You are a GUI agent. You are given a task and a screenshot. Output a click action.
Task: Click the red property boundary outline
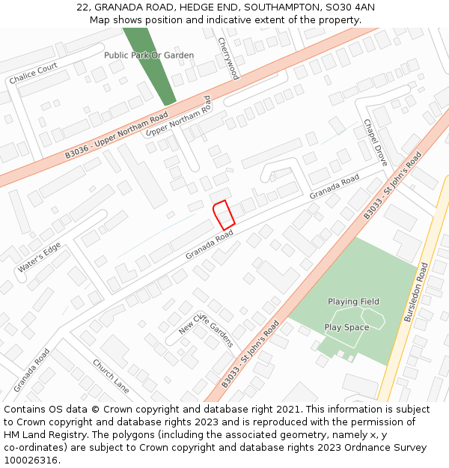pos(224,215)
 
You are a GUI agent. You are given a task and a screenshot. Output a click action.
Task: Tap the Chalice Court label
pos(33,73)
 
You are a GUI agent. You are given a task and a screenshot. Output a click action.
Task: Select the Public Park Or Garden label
pos(149,55)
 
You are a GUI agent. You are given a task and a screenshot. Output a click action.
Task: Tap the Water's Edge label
pos(41,258)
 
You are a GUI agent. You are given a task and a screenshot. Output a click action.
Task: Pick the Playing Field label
pos(353,302)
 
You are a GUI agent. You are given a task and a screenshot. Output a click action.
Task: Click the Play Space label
pos(346,327)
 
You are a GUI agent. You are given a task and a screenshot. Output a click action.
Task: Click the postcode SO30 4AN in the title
pos(353,7)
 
